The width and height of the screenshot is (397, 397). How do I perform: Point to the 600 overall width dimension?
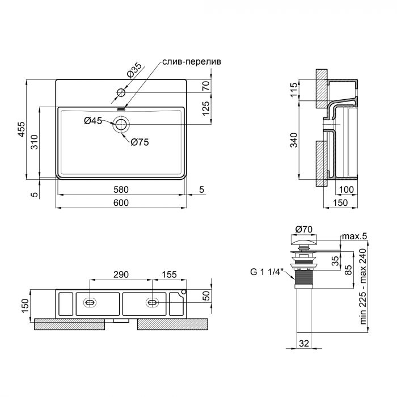pos(121,202)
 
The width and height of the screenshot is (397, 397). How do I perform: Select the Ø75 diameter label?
pos(140,142)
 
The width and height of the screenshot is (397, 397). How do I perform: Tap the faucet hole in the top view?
pos(121,92)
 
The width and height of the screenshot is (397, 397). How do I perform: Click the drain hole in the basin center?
pos(121,124)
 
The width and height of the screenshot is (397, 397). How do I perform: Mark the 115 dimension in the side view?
pos(294,90)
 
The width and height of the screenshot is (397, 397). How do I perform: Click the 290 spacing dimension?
pos(121,274)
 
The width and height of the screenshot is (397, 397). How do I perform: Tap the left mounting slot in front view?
pos(90,303)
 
